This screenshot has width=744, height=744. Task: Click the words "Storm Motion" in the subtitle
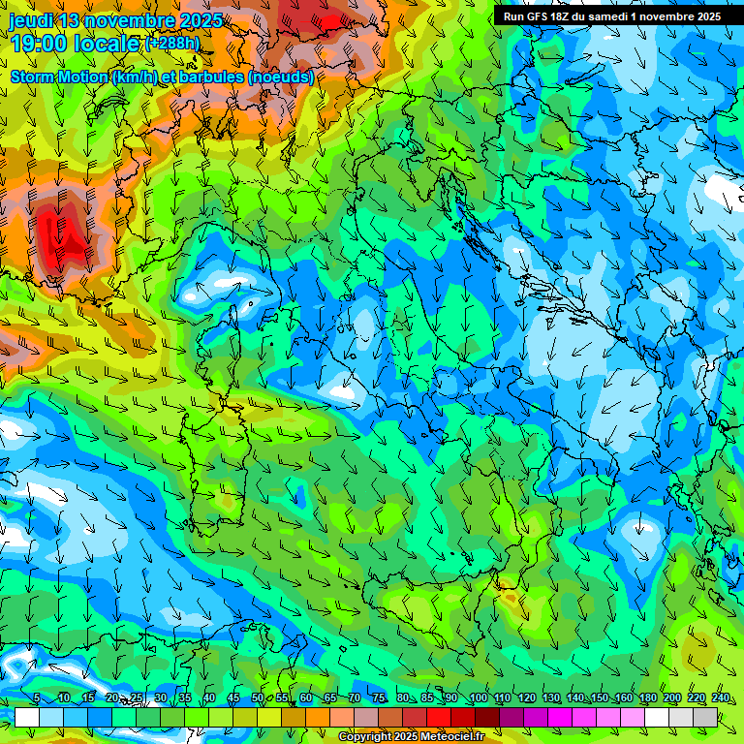click(x=59, y=77)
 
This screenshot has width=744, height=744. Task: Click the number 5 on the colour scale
click(x=36, y=698)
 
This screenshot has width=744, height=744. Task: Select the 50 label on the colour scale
click(x=258, y=698)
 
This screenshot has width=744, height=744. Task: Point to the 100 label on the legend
click(x=478, y=698)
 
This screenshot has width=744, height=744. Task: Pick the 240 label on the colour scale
click(x=721, y=698)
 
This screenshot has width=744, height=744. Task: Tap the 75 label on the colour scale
click(x=379, y=698)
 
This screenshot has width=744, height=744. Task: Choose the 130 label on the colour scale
click(x=550, y=698)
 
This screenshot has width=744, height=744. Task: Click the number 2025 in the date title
click(x=201, y=20)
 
